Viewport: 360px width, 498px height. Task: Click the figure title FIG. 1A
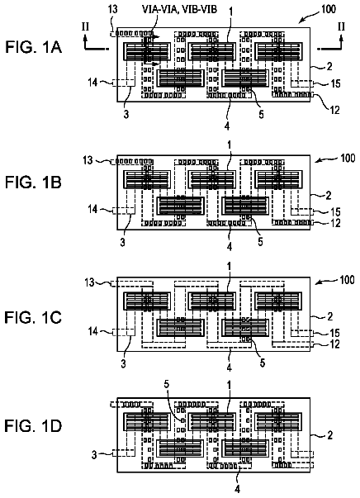[x=33, y=47]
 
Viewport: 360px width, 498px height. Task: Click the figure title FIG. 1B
[x=33, y=183]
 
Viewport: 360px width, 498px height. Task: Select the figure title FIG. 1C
[x=33, y=318]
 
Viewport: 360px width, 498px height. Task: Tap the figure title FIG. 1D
[x=33, y=426]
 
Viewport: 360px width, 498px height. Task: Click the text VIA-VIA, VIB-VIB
[x=180, y=9]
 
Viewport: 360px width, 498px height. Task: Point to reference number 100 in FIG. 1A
[x=329, y=8]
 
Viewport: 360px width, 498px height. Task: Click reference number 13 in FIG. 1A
[x=112, y=9]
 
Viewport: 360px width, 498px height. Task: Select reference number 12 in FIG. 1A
[x=335, y=110]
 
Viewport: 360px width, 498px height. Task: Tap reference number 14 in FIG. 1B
[x=92, y=210]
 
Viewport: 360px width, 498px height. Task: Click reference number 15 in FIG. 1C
[x=335, y=333]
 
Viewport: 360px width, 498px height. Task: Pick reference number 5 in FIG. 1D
[x=167, y=385]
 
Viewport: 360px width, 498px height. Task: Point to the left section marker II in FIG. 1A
[x=85, y=26]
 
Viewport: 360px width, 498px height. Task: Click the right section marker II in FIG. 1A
[x=341, y=26]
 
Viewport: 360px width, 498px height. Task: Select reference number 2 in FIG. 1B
[x=329, y=195]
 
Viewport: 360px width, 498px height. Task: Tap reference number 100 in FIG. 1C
[x=347, y=280]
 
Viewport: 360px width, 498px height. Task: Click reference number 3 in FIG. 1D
[x=94, y=455]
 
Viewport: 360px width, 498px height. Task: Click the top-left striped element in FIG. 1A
[x=147, y=52]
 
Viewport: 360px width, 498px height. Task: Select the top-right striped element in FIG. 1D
[x=278, y=421]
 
